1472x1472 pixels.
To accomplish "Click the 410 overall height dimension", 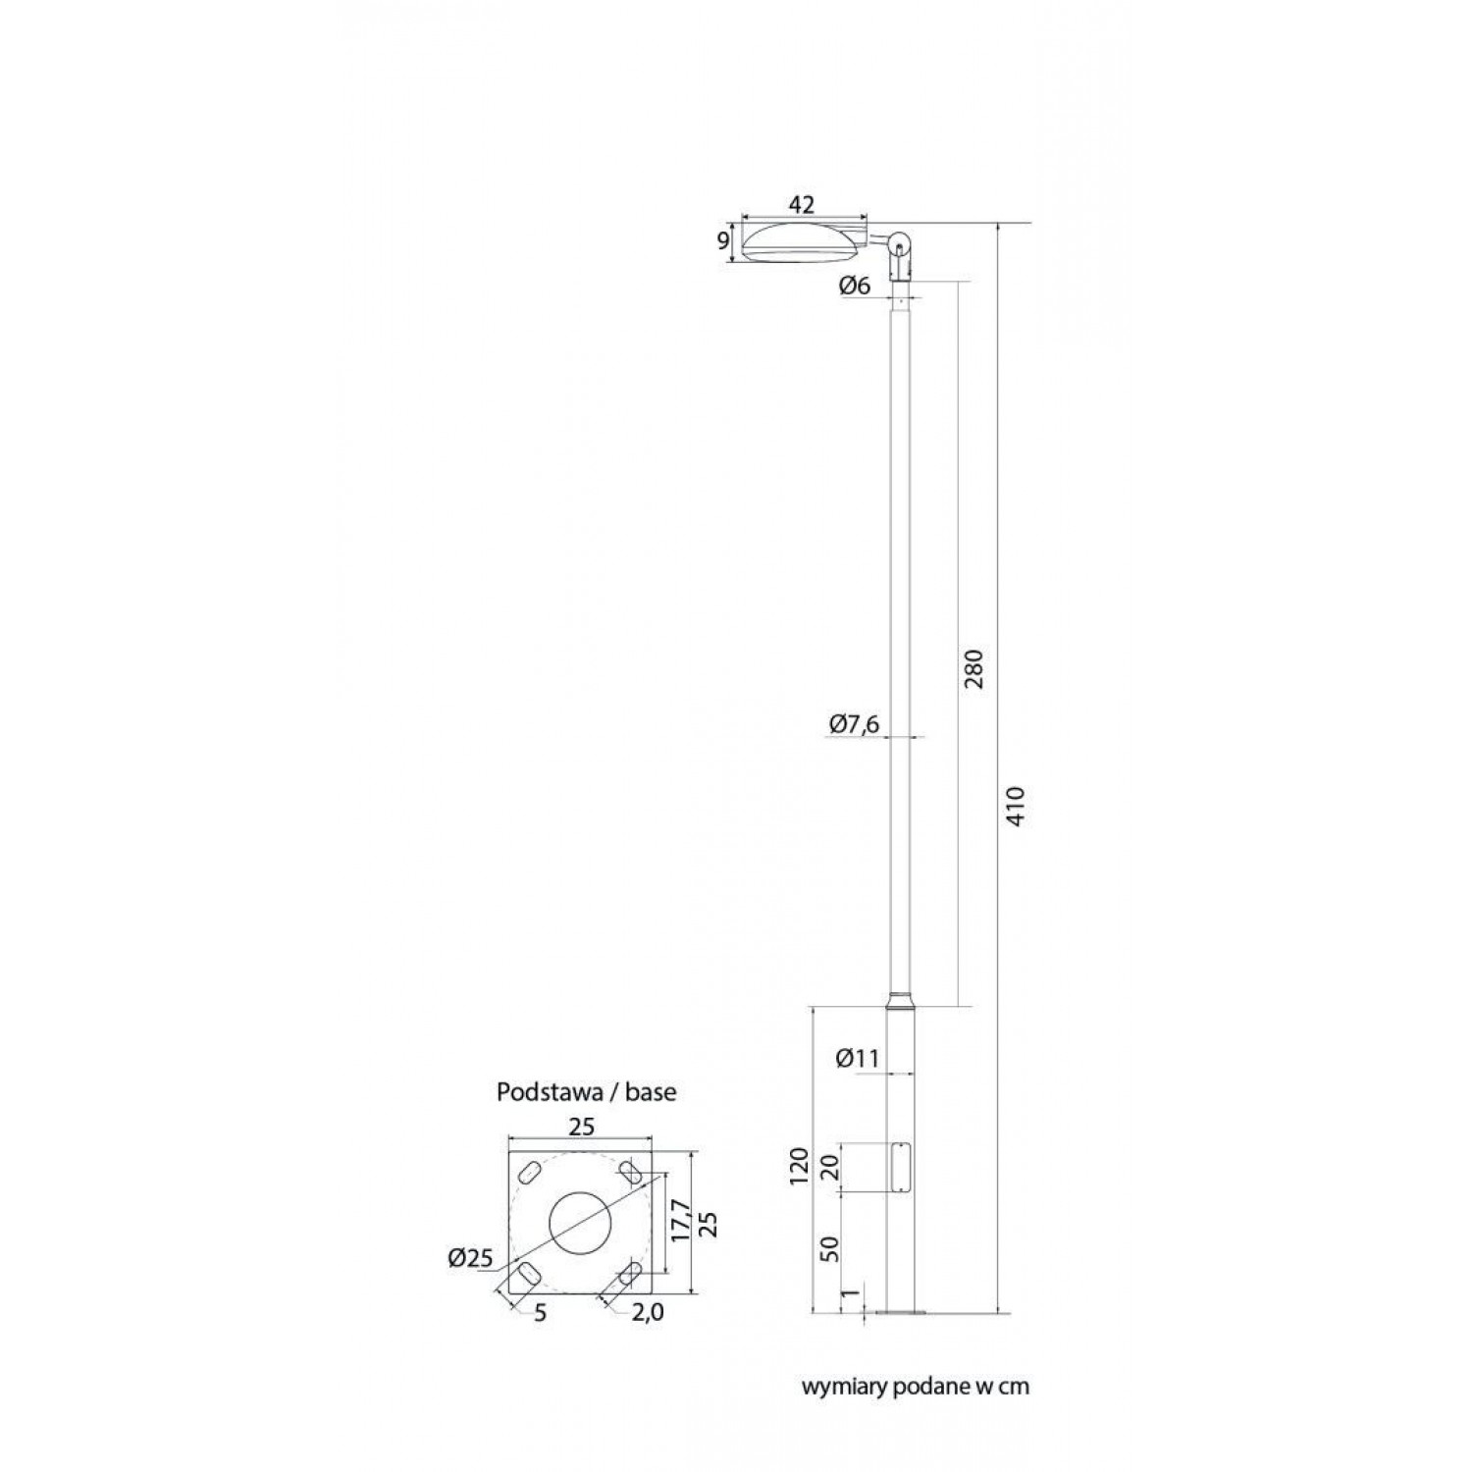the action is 1016,806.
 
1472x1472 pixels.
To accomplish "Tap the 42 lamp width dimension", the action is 802,205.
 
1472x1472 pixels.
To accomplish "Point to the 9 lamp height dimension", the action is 724,241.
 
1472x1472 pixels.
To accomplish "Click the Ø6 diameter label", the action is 855,287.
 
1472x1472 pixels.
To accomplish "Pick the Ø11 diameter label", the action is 857,1058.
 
